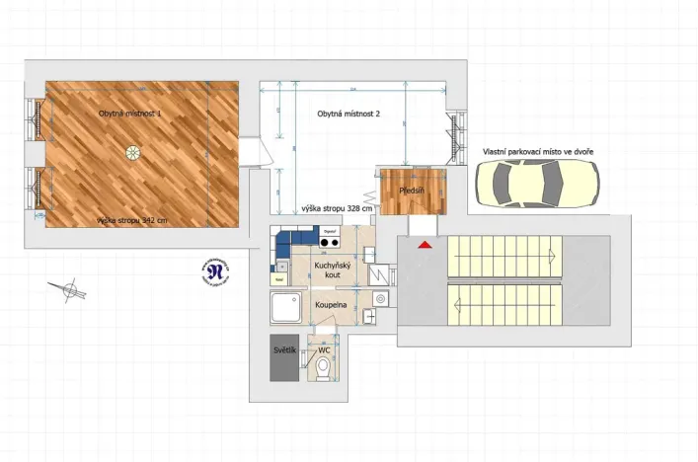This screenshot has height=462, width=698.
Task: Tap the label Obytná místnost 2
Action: pos(348,114)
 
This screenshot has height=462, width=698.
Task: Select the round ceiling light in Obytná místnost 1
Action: pos(131,151)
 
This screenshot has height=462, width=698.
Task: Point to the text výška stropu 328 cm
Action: pos(338,208)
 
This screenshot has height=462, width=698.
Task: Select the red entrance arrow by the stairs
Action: pos(424,243)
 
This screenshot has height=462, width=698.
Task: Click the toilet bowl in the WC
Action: pos(324,368)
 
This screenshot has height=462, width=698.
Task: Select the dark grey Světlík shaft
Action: pos(284,361)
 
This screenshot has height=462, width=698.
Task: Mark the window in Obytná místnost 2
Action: pos(455,135)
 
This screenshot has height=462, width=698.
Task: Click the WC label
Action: pos(324,349)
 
